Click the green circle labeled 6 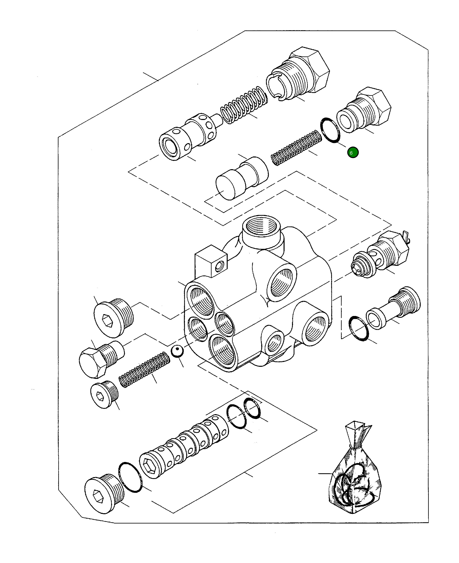[x=353, y=152]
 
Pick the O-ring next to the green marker [x=330, y=130]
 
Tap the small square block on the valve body [x=211, y=260]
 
